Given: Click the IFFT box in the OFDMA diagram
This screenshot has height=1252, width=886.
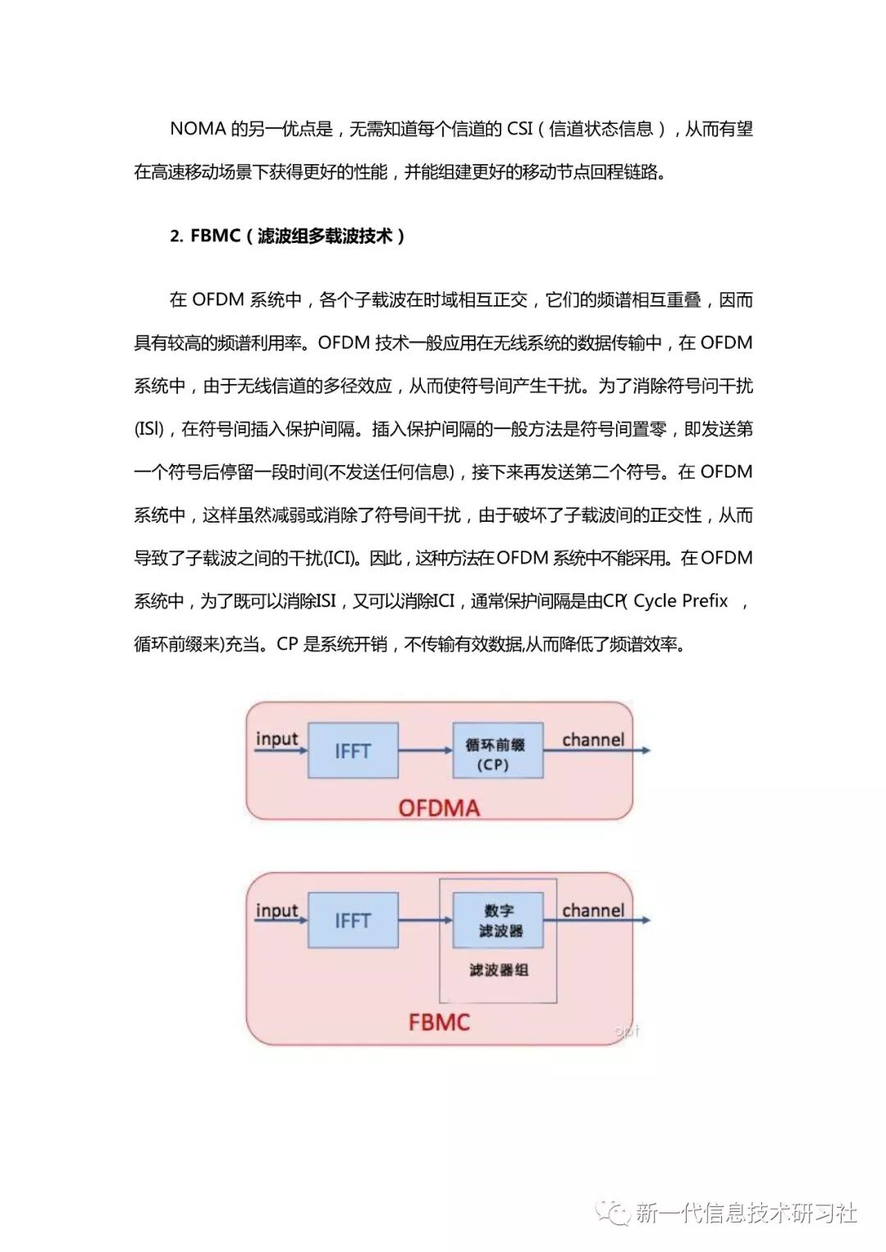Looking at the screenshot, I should click(353, 751).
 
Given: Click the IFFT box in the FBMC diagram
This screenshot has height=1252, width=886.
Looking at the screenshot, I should click(353, 921).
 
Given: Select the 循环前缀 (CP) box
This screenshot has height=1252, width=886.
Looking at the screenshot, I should click(498, 751).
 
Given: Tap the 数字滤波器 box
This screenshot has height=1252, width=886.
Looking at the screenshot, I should click(498, 921).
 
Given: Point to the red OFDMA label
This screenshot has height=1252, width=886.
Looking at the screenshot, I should click(439, 808).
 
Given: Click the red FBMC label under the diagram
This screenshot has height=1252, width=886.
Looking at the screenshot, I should click(439, 1022).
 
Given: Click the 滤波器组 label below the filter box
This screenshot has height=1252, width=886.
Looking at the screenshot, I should click(499, 970).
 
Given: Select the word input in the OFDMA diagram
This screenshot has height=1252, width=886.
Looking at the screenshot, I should click(276, 738).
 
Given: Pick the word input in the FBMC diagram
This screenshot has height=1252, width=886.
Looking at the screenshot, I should click(276, 910).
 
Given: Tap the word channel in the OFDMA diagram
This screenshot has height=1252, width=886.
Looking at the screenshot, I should click(592, 739).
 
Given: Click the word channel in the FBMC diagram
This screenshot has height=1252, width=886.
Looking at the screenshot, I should click(592, 910).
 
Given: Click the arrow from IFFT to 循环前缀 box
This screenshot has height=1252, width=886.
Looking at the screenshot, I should click(425, 751).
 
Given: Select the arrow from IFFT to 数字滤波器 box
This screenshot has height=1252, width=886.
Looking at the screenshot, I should click(425, 921).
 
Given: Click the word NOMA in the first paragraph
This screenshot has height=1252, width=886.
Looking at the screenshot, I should click(197, 129).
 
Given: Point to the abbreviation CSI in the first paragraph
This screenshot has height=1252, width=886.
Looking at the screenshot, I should click(519, 129).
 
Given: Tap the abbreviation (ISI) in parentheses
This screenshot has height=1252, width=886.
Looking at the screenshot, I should click(149, 429).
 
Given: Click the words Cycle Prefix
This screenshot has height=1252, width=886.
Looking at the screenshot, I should click(680, 601).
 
